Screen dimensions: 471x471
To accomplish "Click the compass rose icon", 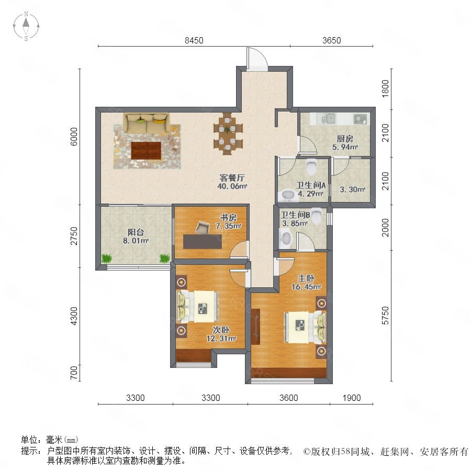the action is point(26,26).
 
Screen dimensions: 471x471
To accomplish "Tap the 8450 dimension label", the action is point(194,40).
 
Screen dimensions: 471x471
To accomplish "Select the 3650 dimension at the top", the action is point(331,40).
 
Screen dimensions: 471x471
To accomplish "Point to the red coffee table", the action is point(146,151).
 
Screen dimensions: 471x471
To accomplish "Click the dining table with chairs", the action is point(228,133).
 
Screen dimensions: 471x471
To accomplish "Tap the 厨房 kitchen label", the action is point(345,139).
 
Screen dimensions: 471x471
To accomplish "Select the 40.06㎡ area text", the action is point(232,186).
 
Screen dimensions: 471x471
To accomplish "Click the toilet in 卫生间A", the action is point(311,167).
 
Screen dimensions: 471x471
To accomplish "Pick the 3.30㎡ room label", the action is point(352,189).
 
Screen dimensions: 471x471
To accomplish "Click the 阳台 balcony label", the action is point(136,232).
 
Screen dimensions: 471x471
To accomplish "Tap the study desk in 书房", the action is point(203,241).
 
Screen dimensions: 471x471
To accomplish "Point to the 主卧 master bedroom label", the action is point(306,278).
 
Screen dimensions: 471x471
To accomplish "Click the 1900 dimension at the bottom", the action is point(352,398).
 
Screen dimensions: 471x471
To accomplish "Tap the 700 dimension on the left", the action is point(74,373).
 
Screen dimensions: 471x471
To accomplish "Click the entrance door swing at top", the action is point(257,59).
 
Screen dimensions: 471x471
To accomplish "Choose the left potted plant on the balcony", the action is point(106,259).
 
